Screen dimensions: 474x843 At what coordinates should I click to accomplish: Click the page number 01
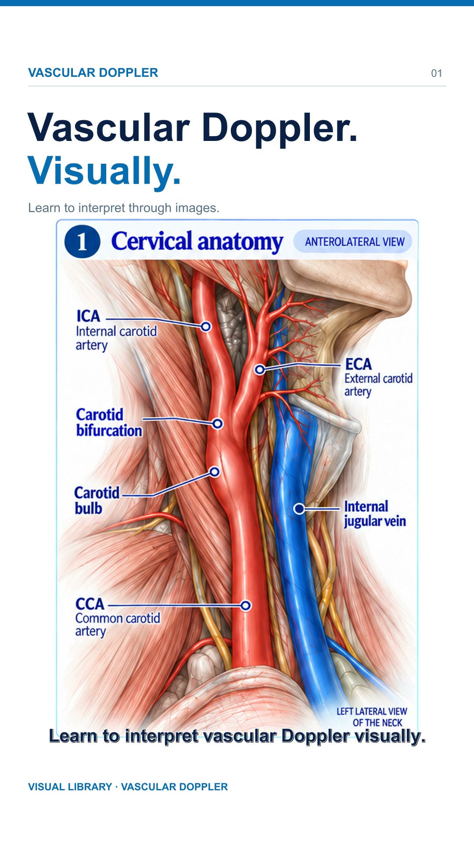pos(436,73)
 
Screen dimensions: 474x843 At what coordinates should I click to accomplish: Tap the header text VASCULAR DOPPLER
pos(93,73)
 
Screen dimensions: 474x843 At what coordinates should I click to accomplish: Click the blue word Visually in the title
pos(104,171)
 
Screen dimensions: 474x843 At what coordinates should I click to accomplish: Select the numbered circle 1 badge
pos(82,241)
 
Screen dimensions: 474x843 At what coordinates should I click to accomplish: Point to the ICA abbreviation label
pos(88,316)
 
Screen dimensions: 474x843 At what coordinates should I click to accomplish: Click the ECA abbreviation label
pos(358,364)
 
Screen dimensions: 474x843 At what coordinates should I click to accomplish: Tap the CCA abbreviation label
pos(90,604)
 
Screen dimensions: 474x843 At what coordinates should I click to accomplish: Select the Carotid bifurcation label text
pos(109,422)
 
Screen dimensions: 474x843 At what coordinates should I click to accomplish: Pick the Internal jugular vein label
pos(375,514)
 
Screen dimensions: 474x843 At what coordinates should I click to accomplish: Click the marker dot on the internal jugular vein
pos(299,509)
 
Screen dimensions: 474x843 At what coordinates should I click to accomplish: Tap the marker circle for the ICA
pos(206,327)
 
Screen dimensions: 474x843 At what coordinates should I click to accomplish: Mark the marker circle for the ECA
pos(260,370)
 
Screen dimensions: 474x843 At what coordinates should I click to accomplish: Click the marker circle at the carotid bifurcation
pos(218,424)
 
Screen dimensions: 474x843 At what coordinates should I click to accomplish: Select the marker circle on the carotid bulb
pos(215,472)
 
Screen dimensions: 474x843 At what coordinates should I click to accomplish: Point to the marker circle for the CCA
pos(246,606)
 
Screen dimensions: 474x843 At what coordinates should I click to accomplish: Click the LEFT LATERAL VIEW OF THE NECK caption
pos(372,717)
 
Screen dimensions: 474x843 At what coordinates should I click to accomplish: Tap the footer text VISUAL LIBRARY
pos(70,787)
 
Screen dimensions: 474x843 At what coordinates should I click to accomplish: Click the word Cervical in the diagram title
pos(151,241)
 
